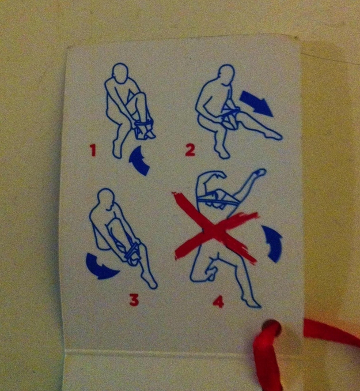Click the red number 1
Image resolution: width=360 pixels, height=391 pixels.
click(x=93, y=151)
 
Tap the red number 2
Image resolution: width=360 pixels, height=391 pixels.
click(x=190, y=150)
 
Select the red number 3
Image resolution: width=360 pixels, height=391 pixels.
click(x=134, y=300)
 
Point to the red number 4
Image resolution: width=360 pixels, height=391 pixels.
click(x=218, y=302)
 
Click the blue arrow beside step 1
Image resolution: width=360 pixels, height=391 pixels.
click(x=139, y=160)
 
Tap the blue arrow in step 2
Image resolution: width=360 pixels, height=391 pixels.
click(x=257, y=103)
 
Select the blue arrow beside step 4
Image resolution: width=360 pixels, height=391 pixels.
click(x=273, y=243)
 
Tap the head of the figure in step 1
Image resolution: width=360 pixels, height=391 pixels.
click(x=120, y=72)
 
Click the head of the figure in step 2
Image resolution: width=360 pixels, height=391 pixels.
click(x=226, y=73)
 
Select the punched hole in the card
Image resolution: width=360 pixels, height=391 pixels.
click(x=271, y=326)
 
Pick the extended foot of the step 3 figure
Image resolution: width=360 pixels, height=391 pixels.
click(x=150, y=282)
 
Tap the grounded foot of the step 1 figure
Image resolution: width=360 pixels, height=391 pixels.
click(x=117, y=151)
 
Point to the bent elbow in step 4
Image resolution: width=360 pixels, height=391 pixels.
click(x=202, y=177)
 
